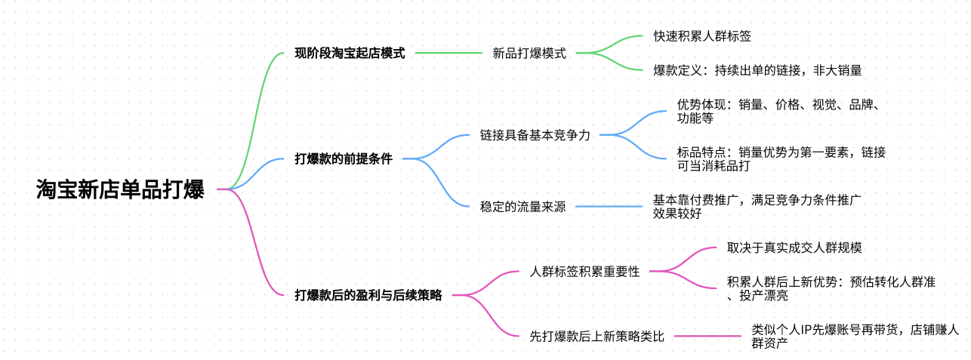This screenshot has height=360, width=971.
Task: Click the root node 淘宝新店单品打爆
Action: pyautogui.click(x=120, y=189)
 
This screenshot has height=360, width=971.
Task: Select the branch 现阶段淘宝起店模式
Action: pyautogui.click(x=350, y=54)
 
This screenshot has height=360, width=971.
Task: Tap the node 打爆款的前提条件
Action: pyautogui.click(x=344, y=159)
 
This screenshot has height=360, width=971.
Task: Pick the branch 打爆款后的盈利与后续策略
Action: pyautogui.click(x=368, y=295)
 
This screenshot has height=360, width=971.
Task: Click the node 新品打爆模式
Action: pyautogui.click(x=529, y=54)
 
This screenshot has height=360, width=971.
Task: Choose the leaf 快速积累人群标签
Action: pyautogui.click(x=702, y=36)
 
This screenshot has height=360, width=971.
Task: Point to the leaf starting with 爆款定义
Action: pyautogui.click(x=757, y=71)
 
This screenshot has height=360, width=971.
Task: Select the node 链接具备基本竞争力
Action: pyautogui.click(x=535, y=136)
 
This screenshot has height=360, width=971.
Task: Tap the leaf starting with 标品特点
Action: pyautogui.click(x=781, y=158)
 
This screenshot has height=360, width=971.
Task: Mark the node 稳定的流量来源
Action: pyautogui.click(x=522, y=207)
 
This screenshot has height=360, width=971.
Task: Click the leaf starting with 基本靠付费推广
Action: pyautogui.click(x=757, y=206)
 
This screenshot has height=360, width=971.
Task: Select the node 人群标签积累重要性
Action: pyautogui.click(x=585, y=272)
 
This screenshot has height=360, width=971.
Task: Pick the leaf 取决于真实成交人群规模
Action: pyautogui.click(x=793, y=248)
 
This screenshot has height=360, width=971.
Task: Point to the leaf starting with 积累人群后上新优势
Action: pyautogui.click(x=831, y=288)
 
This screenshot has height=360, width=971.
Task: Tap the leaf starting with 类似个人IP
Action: pyautogui.click(x=855, y=336)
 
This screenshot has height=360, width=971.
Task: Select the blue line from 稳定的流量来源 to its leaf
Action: pyautogui.click(x=608, y=207)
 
